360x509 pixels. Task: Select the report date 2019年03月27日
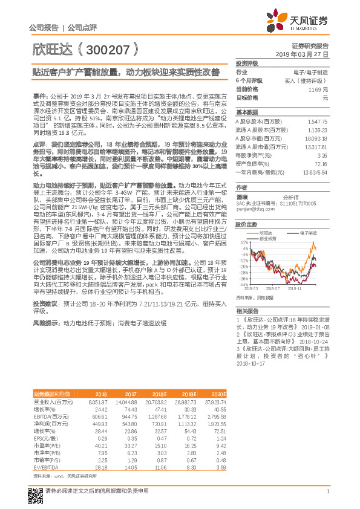[x=306, y=54]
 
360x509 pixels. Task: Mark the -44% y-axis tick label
[x=242, y=284]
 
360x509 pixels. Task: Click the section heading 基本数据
[x=247, y=112]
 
